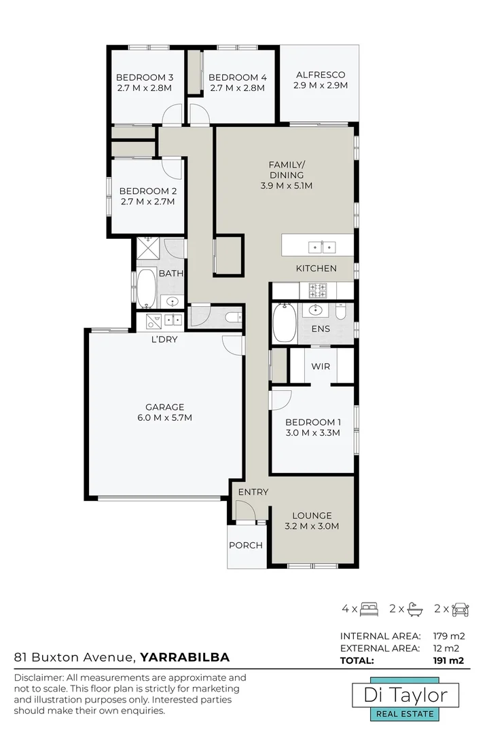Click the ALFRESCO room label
321,75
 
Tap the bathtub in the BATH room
146,288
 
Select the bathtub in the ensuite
283,323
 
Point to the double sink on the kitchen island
323,246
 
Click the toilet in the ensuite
341,311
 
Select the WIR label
321,366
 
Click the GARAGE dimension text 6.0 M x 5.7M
164,418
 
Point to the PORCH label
245,545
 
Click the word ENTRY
253,492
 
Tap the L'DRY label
164,339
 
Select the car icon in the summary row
460,608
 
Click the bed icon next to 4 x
369,608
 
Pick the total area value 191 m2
448,660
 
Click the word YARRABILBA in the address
184,657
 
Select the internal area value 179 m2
448,636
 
